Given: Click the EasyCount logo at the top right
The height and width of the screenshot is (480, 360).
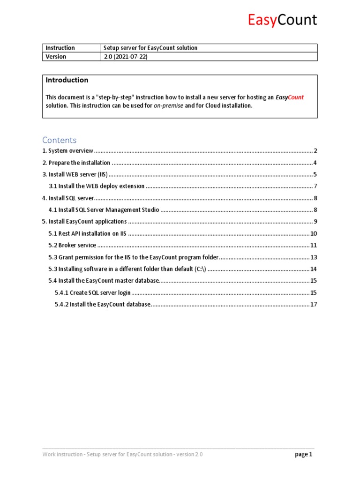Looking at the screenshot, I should pyautogui.click(x=282, y=20).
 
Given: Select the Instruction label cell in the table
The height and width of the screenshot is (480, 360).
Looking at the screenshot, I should pyautogui.click(x=60, y=48).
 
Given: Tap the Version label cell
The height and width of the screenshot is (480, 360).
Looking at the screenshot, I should pyautogui.click(x=56, y=57).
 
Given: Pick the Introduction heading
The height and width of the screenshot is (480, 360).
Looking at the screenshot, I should pyautogui.click(x=67, y=80).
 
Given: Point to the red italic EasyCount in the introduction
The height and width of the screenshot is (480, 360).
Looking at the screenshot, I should pyautogui.click(x=289, y=97).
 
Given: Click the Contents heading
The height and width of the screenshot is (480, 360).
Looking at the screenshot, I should pyautogui.click(x=59, y=140).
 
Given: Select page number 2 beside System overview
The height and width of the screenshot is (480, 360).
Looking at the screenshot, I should pyautogui.click(x=315, y=151).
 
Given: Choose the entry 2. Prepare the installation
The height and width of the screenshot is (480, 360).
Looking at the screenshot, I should pyautogui.click(x=76, y=163).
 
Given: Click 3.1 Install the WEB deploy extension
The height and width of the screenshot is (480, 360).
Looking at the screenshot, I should pyautogui.click(x=97, y=186).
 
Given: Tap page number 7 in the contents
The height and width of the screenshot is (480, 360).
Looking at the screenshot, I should pyautogui.click(x=315, y=186).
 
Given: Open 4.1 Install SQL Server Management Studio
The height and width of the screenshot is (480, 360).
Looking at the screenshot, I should pyautogui.click(x=104, y=210).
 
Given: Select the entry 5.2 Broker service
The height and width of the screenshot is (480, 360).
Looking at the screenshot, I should pyautogui.click(x=73, y=245).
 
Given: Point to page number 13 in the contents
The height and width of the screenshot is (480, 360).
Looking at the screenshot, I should pyautogui.click(x=314, y=257).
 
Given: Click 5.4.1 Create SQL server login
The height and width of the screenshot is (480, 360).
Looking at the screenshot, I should pyautogui.click(x=92, y=292).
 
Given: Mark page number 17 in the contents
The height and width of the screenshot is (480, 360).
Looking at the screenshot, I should pyautogui.click(x=314, y=304).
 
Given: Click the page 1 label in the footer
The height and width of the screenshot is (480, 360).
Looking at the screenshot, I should pyautogui.click(x=303, y=454).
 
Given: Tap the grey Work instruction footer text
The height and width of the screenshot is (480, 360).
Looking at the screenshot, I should pyautogui.click(x=123, y=454).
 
